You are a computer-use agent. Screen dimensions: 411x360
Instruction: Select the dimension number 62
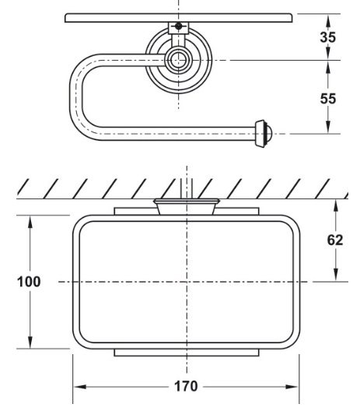(335, 240)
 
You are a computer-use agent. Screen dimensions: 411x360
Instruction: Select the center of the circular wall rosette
(180, 59)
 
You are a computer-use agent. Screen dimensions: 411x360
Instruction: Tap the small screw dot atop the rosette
(180, 26)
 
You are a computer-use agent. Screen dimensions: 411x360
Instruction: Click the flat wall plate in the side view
(180, 17)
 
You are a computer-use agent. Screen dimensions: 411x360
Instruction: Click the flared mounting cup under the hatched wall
(185, 206)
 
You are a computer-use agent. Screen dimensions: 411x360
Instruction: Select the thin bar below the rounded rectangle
(185, 353)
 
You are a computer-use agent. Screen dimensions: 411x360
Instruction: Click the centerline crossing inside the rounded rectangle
(186, 281)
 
